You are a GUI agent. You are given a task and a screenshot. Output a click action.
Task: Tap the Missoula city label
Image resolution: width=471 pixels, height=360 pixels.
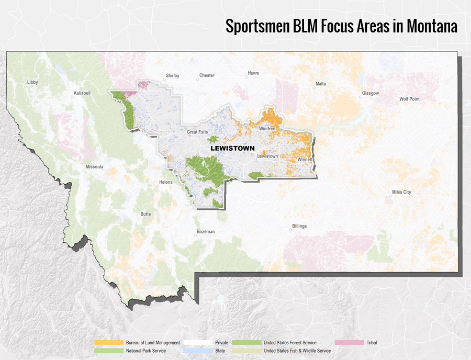94,167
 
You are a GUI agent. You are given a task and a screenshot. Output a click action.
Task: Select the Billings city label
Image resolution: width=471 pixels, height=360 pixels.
299,226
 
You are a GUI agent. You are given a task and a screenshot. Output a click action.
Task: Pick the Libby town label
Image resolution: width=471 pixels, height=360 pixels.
33,82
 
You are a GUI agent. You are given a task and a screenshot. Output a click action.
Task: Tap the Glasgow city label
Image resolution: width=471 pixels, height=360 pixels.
370,93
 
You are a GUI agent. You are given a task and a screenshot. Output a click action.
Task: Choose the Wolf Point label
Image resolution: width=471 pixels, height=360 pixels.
409,99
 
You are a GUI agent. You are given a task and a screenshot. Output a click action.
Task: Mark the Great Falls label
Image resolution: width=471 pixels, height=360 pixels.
198,132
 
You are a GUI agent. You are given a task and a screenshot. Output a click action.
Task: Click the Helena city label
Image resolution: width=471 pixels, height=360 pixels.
165,183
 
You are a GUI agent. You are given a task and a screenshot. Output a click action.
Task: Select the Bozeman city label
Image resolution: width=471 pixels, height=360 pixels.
206,231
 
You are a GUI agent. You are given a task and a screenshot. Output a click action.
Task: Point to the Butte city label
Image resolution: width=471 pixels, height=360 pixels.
145,214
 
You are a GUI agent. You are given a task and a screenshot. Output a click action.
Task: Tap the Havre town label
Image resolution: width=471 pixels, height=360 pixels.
253,73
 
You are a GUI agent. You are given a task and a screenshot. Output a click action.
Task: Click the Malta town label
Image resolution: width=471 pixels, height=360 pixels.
320,84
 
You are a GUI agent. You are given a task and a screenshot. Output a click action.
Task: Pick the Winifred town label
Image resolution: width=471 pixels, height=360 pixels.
267,128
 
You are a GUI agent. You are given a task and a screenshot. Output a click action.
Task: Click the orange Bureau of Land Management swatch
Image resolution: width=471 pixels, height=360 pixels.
108,343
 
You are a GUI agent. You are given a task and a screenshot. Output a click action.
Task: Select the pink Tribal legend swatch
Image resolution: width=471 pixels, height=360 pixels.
349,343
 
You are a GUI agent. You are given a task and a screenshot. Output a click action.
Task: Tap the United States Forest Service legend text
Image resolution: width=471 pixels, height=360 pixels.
290,343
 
